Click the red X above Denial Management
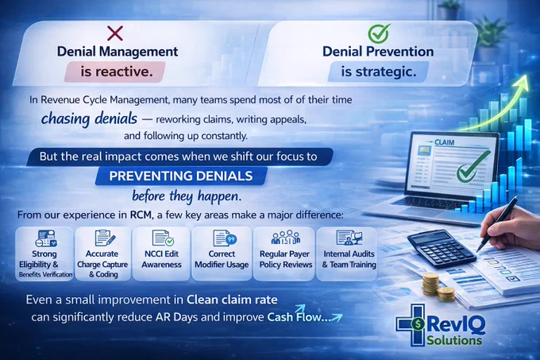pyautogui.click(x=114, y=33)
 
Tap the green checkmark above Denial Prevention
pyautogui.click(x=379, y=33)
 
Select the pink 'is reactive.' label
pyautogui.click(x=115, y=72)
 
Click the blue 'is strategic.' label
pyautogui.click(x=379, y=72)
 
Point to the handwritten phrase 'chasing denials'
pyautogui.click(x=89, y=119)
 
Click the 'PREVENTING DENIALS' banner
pyautogui.click(x=181, y=176)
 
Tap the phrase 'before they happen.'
pyautogui.click(x=187, y=196)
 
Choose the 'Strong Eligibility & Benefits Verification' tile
pyautogui.click(x=44, y=254)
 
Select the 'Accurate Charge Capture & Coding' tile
pyautogui.click(x=102, y=254)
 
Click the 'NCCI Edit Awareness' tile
pyautogui.click(x=161, y=254)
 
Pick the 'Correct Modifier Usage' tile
pyautogui.click(x=222, y=254)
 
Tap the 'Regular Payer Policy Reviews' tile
pyautogui.click(x=284, y=254)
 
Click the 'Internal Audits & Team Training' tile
pyautogui.click(x=347, y=254)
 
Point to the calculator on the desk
pyautogui.click(x=442, y=248)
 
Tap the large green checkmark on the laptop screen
pyautogui.click(x=472, y=167)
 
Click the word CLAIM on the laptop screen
pyautogui.click(x=444, y=142)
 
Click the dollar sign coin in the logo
pyautogui.click(x=418, y=323)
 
